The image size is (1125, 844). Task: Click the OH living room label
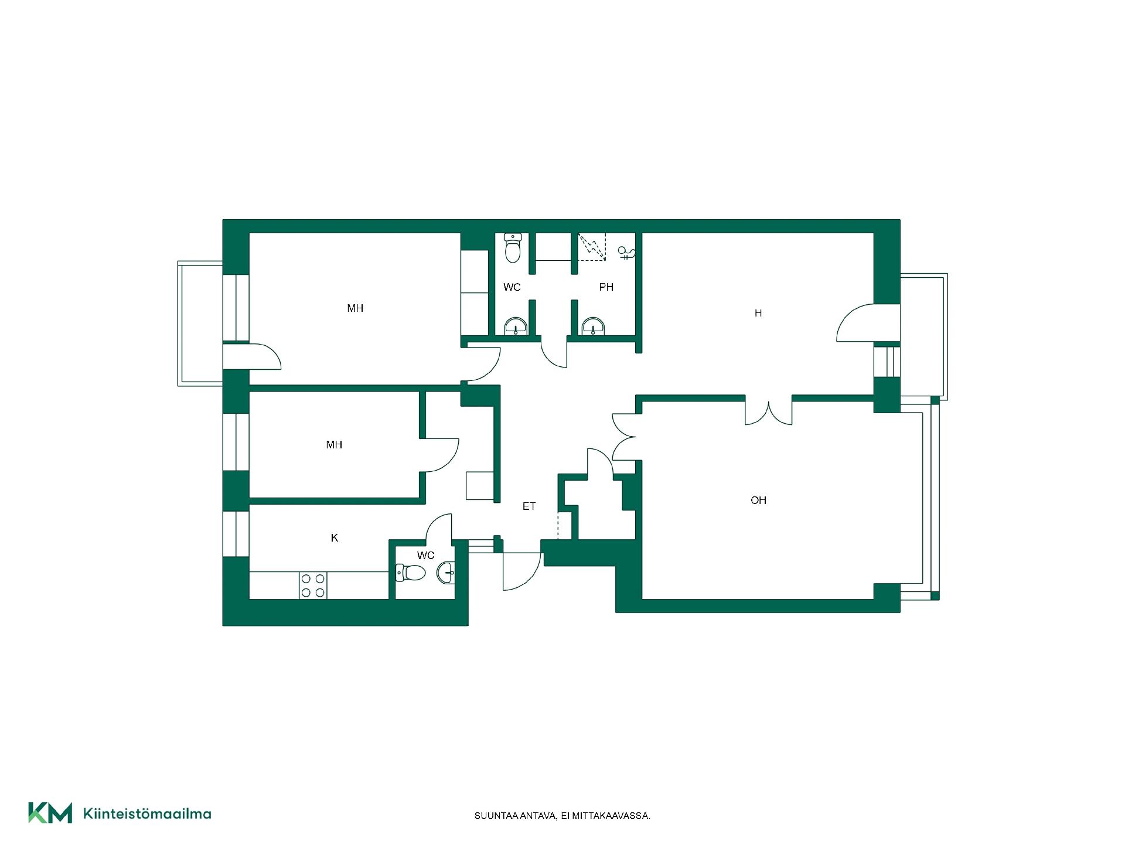coord(758,500)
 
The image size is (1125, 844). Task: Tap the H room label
coord(758,313)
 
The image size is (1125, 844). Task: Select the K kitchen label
coord(335,537)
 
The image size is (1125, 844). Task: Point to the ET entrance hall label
coord(529,506)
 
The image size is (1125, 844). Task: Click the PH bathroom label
coord(606,287)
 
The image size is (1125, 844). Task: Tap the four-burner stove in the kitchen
coord(313,586)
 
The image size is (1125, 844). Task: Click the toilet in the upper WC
coord(513,248)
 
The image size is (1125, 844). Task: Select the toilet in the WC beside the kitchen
coord(410,573)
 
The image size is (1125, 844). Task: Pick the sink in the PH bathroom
coord(593,326)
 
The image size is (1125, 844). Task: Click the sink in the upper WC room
coord(516,326)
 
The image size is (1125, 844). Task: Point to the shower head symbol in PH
coord(626,253)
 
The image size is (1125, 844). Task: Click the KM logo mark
coord(50,812)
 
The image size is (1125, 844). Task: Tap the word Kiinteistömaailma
coord(148,814)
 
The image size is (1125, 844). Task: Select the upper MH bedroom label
coord(355,308)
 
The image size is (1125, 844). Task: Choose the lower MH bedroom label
coord(334,445)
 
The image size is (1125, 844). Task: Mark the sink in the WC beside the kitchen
coord(445,573)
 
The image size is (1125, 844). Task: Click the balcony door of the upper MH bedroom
coord(252,356)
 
